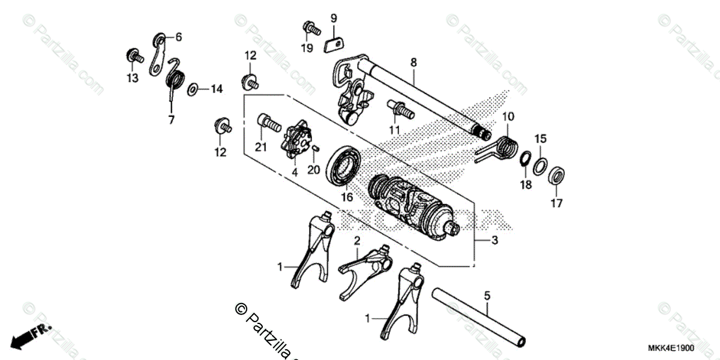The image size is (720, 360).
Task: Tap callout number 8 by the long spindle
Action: click(413, 62)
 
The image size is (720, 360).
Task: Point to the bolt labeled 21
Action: click(269, 125)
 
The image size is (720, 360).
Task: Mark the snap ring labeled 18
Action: click(524, 159)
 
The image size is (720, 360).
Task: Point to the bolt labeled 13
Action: click(133, 58)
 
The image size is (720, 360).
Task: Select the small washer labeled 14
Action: click(193, 90)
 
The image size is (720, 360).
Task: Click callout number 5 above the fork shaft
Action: click(487, 295)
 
